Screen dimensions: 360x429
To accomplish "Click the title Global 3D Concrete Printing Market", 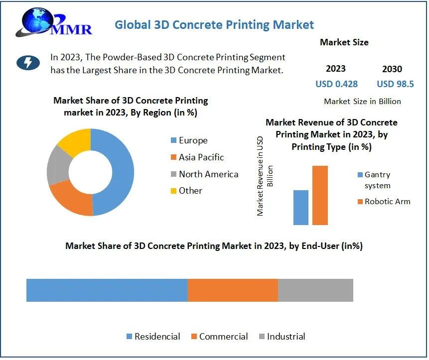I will coord(214,24).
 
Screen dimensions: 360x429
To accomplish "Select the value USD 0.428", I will coord(336,84).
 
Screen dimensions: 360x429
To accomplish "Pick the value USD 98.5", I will coord(395,84).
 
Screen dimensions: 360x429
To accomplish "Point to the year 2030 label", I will coord(392,69).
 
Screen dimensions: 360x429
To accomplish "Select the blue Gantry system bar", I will coord(301,207).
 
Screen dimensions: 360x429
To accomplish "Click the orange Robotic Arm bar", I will coord(320,195).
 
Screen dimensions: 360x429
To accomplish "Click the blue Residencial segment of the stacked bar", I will coord(107,290).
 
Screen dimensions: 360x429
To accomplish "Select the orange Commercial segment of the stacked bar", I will coord(233,290).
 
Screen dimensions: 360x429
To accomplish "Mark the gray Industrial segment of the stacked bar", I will coord(315,290).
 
